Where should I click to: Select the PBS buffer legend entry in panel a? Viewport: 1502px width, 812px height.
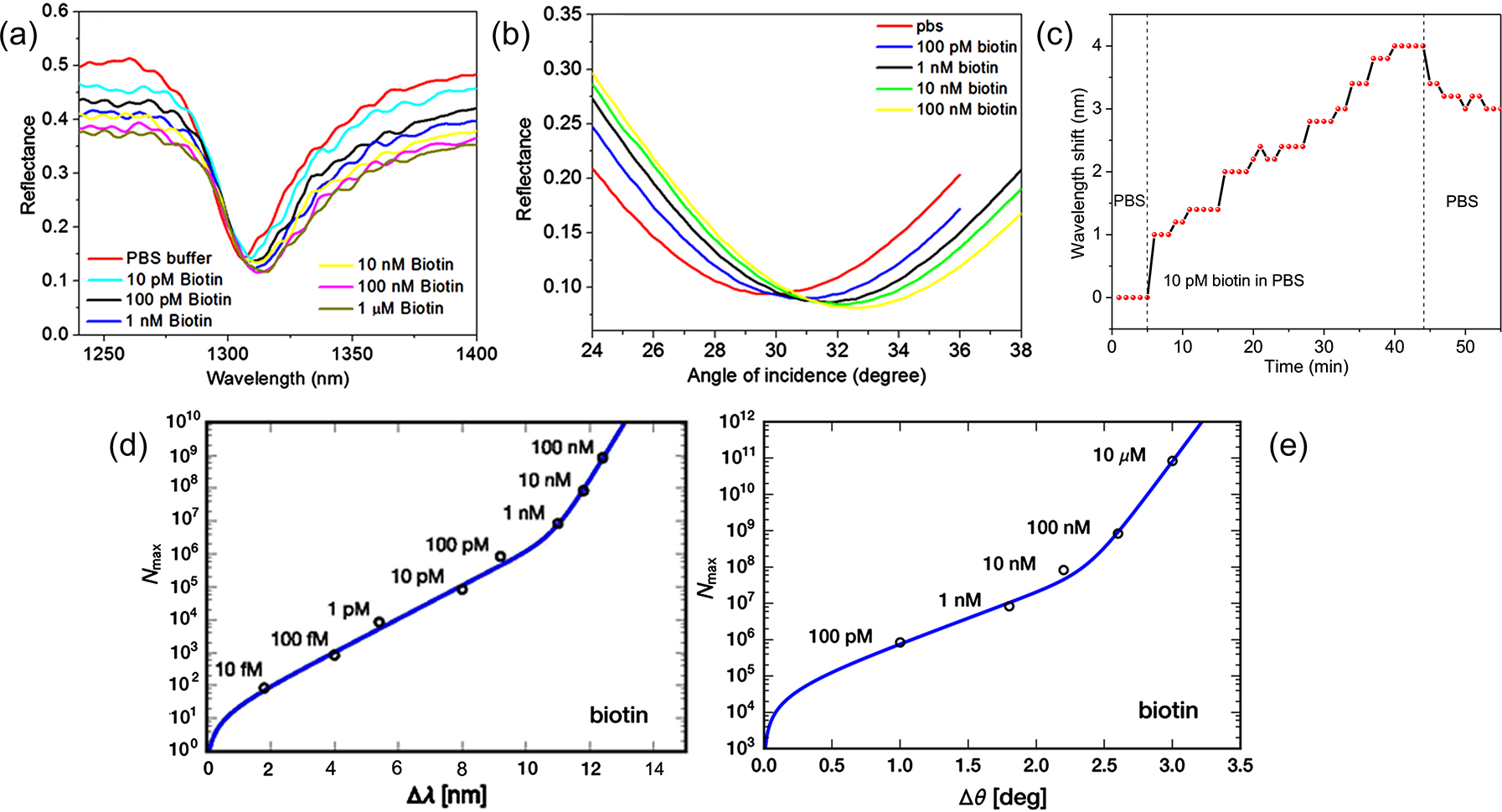point(168,258)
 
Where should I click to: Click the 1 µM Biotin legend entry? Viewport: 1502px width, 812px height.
point(400,308)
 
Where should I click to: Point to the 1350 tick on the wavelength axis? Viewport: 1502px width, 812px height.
point(352,354)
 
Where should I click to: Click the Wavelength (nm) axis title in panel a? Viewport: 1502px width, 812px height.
point(277,379)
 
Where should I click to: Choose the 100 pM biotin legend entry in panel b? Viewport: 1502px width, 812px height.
point(966,47)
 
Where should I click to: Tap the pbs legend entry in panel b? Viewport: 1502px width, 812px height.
point(929,26)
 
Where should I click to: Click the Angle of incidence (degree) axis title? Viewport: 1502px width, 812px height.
point(806,376)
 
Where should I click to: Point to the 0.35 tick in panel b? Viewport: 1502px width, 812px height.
point(562,14)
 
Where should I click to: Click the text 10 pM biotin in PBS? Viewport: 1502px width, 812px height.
point(1233,281)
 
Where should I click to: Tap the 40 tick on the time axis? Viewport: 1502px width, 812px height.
point(1394,347)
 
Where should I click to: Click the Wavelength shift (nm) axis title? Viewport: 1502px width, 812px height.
point(1078,173)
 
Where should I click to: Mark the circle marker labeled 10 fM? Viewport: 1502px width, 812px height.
point(264,688)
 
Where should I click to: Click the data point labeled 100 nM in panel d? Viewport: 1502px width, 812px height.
point(602,458)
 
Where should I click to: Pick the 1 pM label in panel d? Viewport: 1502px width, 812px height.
point(348,609)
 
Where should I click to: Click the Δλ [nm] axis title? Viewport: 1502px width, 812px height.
point(446,794)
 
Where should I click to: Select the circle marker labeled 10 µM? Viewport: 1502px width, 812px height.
point(1172,461)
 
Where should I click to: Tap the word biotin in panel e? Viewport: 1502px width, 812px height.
point(1168,711)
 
